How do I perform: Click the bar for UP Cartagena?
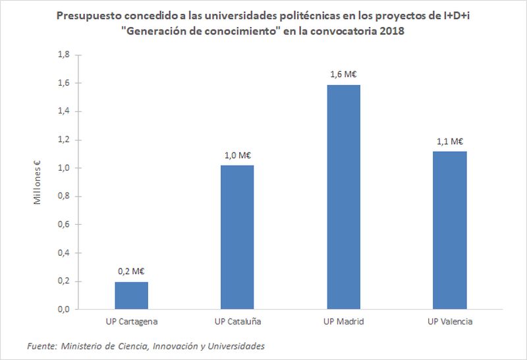tap(132, 295)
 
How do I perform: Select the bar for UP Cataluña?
tap(237, 237)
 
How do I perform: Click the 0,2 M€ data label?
tap(132, 271)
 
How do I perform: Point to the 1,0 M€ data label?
tap(237, 155)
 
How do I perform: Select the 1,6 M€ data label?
tap(344, 74)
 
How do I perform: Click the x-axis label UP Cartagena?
tap(132, 322)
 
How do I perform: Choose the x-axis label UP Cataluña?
tap(237, 322)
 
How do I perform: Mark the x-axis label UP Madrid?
tap(344, 322)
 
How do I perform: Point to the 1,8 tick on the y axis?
tap(63, 55)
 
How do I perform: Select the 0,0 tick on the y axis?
tap(63, 309)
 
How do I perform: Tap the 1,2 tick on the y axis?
tap(63, 140)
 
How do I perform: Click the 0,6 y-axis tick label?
tap(63, 224)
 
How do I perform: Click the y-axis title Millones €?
tap(39, 182)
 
